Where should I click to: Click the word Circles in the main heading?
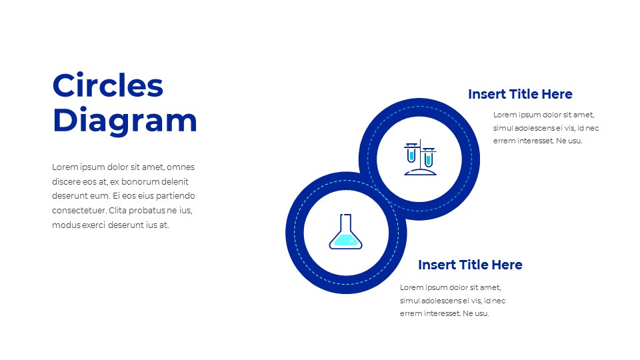tap(107, 86)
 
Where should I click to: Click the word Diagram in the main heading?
tap(125, 121)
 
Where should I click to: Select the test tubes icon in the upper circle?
tap(420, 159)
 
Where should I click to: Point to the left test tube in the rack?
tap(412, 154)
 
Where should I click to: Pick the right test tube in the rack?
tap(428, 157)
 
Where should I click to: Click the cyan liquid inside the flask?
tap(345, 240)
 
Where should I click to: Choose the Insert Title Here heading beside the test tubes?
tap(520, 94)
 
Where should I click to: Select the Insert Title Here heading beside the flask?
tap(470, 265)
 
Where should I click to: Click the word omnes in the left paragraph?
tap(181, 167)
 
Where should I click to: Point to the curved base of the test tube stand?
tap(420, 173)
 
